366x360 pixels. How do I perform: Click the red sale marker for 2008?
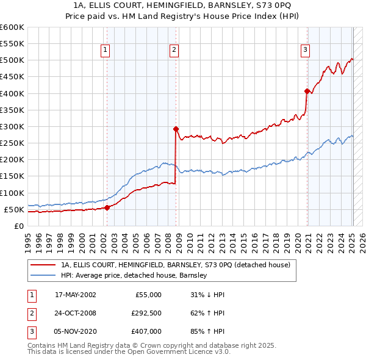[176, 129]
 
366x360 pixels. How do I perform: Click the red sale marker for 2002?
[107, 207]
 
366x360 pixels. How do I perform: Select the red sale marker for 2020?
[307, 91]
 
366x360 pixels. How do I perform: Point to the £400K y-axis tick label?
[12, 93]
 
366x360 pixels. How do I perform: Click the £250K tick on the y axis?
[12, 143]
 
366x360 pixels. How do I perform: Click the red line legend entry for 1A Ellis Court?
[176, 265]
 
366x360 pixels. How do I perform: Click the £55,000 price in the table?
[148, 295]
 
